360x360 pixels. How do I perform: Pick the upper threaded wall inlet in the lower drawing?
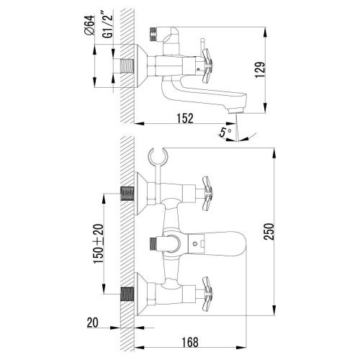point(126,194)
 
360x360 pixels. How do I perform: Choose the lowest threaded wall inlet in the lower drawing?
point(126,294)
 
